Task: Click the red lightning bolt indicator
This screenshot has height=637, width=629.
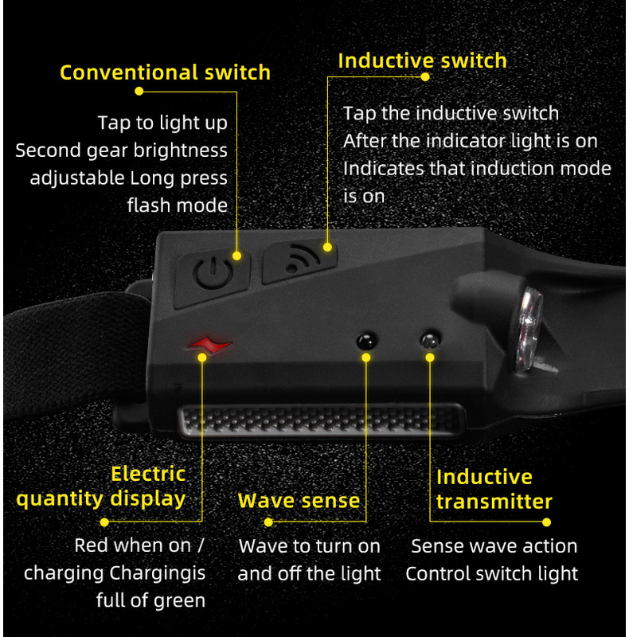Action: pos(209,345)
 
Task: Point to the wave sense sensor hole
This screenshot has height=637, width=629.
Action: pos(365,341)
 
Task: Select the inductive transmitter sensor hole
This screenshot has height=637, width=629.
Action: pos(430,341)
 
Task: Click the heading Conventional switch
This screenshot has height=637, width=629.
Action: pos(165,72)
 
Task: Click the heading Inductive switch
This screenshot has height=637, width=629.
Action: pos(422,61)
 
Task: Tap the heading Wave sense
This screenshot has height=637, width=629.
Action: pos(299,501)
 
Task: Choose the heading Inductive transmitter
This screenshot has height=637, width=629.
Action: pos(494,489)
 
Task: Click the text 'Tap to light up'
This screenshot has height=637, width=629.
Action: pos(162,123)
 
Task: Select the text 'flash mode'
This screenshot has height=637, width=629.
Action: pos(177,205)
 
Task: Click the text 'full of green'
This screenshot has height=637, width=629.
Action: pos(150,600)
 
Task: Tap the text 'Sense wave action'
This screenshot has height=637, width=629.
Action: pos(494,546)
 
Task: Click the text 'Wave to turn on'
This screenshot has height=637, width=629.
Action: pos(309,546)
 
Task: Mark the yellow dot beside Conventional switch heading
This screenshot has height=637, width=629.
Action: pos(139,91)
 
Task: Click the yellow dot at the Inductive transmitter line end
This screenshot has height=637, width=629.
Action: pos(546,522)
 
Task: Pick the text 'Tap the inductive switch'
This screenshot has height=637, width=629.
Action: pos(451,113)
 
